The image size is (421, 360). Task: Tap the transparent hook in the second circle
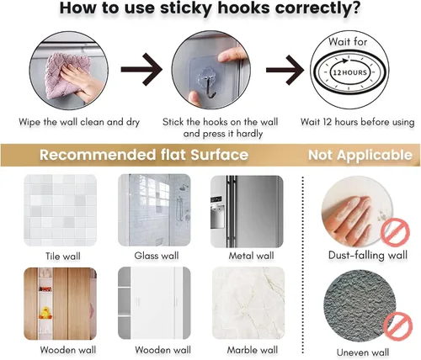point(208,83)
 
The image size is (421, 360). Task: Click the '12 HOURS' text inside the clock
point(349,72)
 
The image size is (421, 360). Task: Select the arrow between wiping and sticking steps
point(141,69)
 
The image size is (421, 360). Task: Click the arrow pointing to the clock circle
point(285,70)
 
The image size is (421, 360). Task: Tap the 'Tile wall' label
point(63,256)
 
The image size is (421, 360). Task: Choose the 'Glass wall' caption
point(157,256)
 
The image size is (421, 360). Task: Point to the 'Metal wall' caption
point(251,256)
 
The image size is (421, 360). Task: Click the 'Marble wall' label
point(253,350)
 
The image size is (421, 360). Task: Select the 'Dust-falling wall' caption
point(368,255)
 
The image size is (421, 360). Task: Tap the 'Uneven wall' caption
point(363,352)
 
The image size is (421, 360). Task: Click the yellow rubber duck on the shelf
point(45,312)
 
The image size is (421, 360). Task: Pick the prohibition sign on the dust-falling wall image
point(395,232)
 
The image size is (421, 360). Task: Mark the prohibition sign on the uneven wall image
point(398,326)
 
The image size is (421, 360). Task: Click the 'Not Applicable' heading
point(360,155)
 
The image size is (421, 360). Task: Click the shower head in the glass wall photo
point(184,188)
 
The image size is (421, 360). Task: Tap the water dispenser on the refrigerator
point(217,215)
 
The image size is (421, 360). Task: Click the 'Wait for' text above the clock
point(348,42)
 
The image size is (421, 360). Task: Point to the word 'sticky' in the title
point(185,8)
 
